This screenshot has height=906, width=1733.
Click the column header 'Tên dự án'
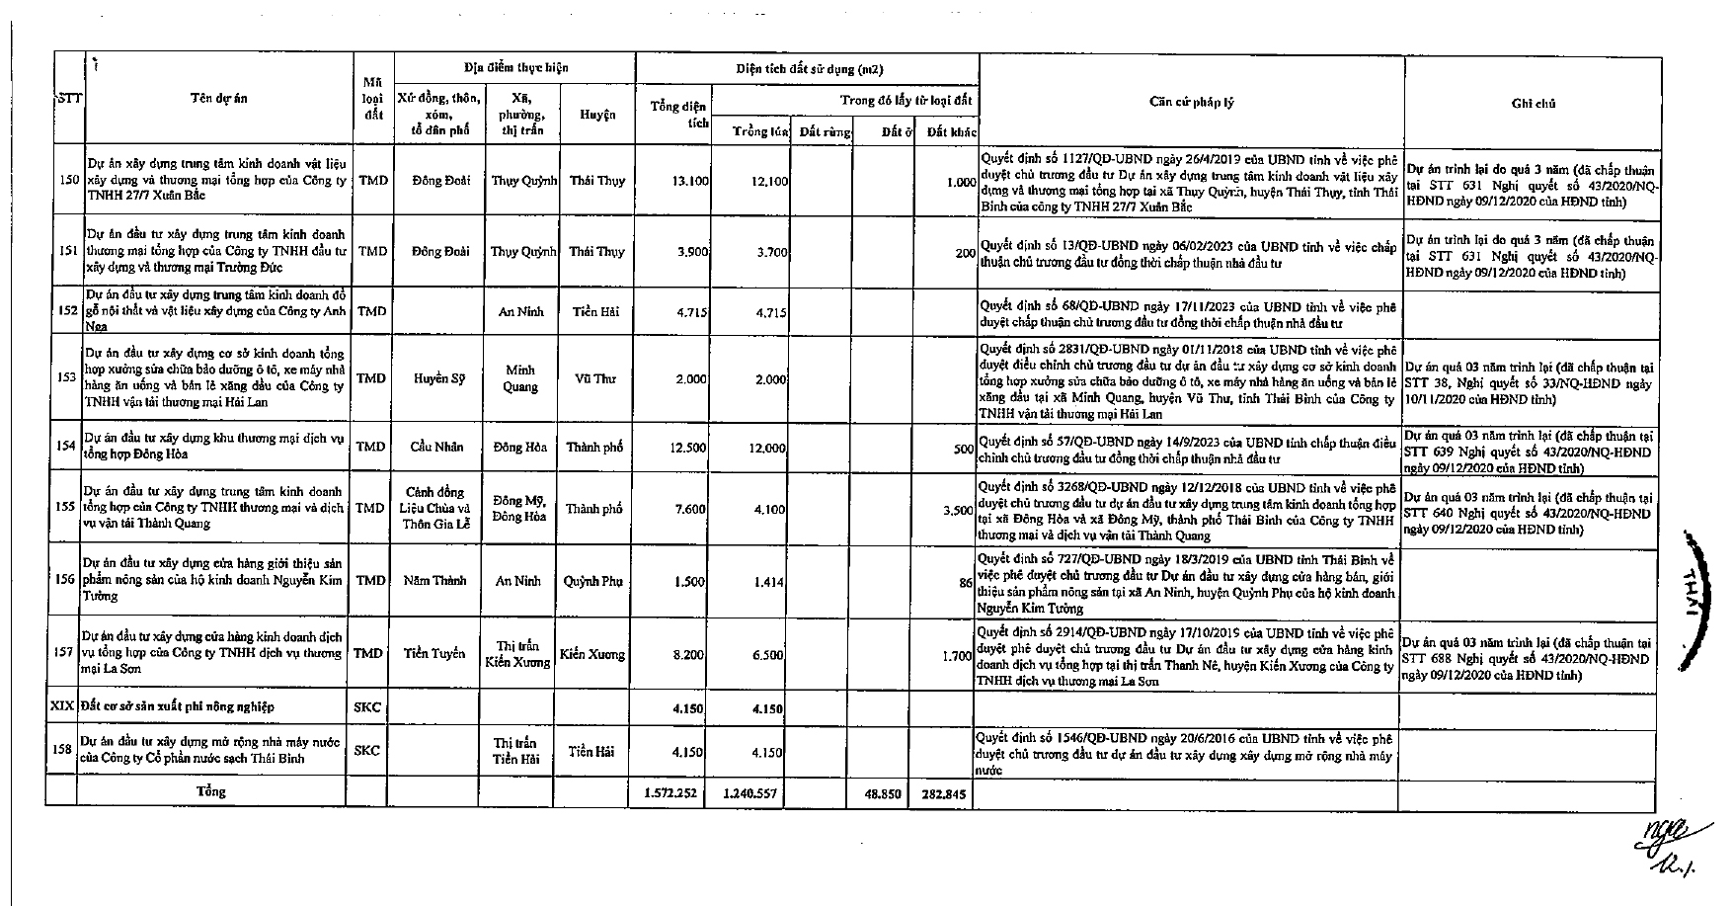[x=219, y=98]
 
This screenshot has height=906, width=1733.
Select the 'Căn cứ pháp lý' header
[x=1191, y=102]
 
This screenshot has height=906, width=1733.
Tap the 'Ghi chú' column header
[x=1534, y=103]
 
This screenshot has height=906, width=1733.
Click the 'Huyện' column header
[x=597, y=115]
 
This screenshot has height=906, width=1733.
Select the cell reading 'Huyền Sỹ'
[x=436, y=378]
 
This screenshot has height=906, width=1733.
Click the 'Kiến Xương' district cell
[x=592, y=654]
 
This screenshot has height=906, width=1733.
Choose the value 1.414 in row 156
[x=769, y=582]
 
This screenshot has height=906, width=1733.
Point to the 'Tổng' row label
[x=211, y=791]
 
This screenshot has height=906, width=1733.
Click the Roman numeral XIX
[x=63, y=707]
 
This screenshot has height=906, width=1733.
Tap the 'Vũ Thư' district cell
[x=595, y=378]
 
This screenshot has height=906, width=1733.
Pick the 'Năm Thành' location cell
[x=435, y=581]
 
